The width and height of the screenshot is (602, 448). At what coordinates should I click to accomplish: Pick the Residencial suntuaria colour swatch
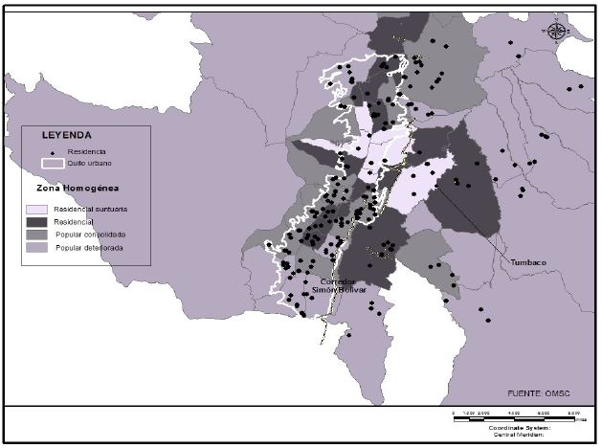[37, 208]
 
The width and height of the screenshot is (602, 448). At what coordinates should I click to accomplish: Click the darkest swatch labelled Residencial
[37, 220]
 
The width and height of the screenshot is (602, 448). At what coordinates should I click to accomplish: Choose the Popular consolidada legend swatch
[37, 234]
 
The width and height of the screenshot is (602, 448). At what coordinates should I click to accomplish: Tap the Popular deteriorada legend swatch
[37, 247]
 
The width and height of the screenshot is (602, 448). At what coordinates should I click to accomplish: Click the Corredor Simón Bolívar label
[339, 285]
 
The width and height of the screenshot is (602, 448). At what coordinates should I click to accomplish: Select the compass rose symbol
[556, 31]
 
